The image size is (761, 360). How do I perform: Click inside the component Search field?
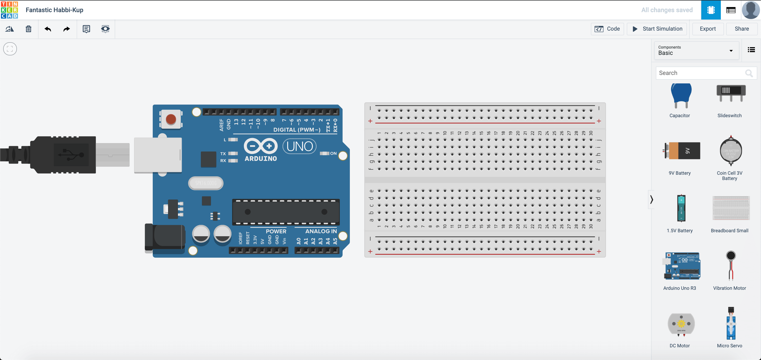[x=700, y=73]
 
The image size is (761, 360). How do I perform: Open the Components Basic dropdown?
[x=696, y=50]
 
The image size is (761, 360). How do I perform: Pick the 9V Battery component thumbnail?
[x=681, y=151]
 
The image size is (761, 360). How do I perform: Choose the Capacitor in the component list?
[x=681, y=96]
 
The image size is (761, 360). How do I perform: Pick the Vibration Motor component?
[x=731, y=266]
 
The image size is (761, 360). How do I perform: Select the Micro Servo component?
[x=731, y=323]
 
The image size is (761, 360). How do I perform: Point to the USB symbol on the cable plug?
[x=71, y=155]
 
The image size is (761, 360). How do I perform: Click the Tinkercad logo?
[x=10, y=10]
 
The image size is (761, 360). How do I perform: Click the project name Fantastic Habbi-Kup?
[x=54, y=10]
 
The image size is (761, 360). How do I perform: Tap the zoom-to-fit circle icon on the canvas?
[x=10, y=49]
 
